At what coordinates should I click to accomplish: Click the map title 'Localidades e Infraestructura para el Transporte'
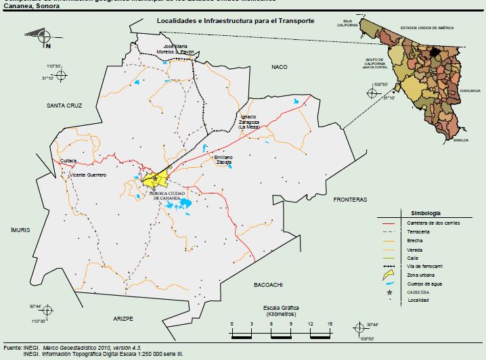click(235, 21)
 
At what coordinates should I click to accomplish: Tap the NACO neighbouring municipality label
click(280, 67)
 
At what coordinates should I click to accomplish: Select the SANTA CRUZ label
click(64, 106)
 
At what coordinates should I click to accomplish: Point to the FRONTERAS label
click(349, 200)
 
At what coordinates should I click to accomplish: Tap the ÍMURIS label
click(20, 230)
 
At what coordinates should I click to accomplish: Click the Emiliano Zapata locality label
click(223, 160)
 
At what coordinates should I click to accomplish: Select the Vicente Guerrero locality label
click(89, 175)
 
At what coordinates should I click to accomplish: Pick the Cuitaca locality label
click(68, 160)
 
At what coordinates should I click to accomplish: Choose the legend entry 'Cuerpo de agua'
click(426, 284)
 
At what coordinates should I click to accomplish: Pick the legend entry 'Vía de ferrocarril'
click(429, 267)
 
